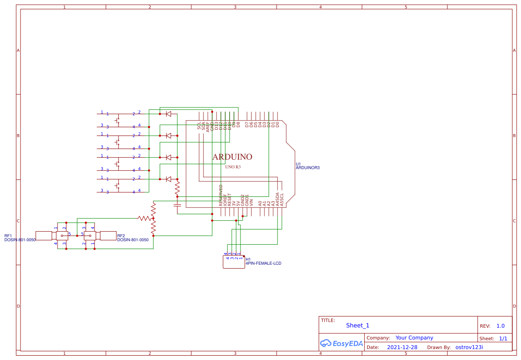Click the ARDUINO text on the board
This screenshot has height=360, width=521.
pos(232,157)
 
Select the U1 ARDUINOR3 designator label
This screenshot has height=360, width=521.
pos(308,166)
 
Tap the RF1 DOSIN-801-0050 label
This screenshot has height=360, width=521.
pos(20,238)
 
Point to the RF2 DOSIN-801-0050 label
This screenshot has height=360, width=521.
pos(132,238)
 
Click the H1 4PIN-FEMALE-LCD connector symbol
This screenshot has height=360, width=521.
pos(233,262)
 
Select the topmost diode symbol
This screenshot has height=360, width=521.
pos(169,114)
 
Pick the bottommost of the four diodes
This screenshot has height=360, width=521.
pos(169,179)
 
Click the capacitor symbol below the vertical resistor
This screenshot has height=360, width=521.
pos(177,204)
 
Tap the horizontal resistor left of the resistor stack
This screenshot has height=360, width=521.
pos(144,218)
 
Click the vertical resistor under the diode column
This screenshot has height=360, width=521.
pos(177,188)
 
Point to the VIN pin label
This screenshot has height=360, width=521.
pos(251,202)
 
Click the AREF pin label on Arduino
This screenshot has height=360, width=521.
pos(208,126)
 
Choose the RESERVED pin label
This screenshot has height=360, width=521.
pos(221,195)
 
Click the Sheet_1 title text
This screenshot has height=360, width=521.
pos(358,325)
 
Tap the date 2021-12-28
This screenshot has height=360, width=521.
pos(402,347)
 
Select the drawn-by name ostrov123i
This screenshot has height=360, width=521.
pos(469,347)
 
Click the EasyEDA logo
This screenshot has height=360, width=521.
pos(342,343)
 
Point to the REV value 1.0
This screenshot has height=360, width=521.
pos(501,326)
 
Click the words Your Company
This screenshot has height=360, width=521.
pos(414,338)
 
